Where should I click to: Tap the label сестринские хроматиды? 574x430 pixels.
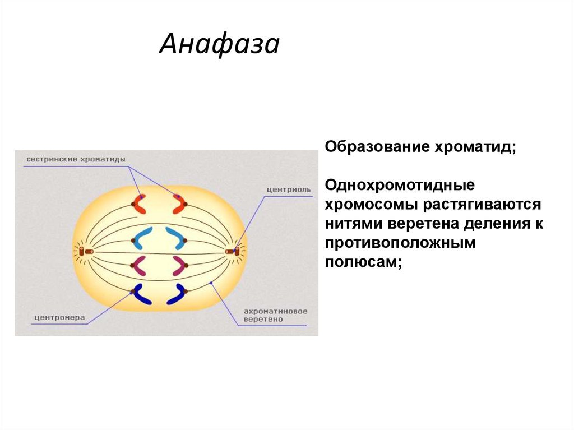76,159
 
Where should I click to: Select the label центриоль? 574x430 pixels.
288,189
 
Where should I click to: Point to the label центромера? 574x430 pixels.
59,318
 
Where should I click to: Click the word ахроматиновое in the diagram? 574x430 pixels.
275,311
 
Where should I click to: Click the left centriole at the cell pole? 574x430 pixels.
85,252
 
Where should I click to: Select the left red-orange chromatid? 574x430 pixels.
140,204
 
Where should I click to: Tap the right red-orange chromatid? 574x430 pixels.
178,204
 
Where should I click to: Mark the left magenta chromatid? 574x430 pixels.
140,265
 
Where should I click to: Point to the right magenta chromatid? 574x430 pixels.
179,265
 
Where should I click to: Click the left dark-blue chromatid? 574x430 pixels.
141,294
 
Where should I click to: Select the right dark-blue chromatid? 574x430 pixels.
177,294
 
